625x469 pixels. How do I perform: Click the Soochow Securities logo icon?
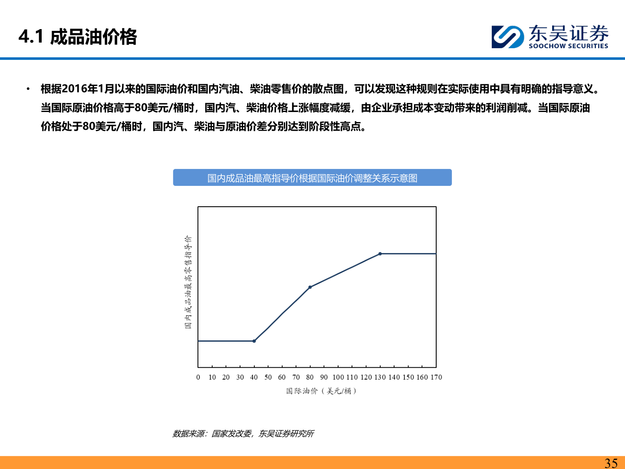point(507,36)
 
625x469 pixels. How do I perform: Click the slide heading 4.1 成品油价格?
point(78,37)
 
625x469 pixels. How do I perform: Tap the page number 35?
point(611,463)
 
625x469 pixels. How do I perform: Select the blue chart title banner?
point(312,178)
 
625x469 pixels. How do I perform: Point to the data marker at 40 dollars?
point(254,341)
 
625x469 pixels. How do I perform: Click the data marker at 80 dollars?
point(310,287)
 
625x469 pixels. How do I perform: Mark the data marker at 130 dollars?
point(380,254)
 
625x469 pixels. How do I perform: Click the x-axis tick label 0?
point(198,377)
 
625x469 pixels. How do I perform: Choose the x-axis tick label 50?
point(268,377)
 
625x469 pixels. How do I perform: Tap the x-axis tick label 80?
point(310,377)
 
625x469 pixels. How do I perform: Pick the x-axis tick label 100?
point(338,377)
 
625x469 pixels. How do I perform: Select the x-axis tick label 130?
point(380,377)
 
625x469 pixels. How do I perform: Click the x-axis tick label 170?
point(436,377)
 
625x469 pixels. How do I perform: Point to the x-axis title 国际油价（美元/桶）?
point(321,391)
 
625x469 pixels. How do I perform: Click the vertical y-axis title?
point(188,282)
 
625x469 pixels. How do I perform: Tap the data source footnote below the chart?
point(243,433)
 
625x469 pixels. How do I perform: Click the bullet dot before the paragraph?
point(28,89)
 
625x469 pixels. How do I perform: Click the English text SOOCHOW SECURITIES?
point(568,46)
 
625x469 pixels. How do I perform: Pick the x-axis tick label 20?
point(226,377)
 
